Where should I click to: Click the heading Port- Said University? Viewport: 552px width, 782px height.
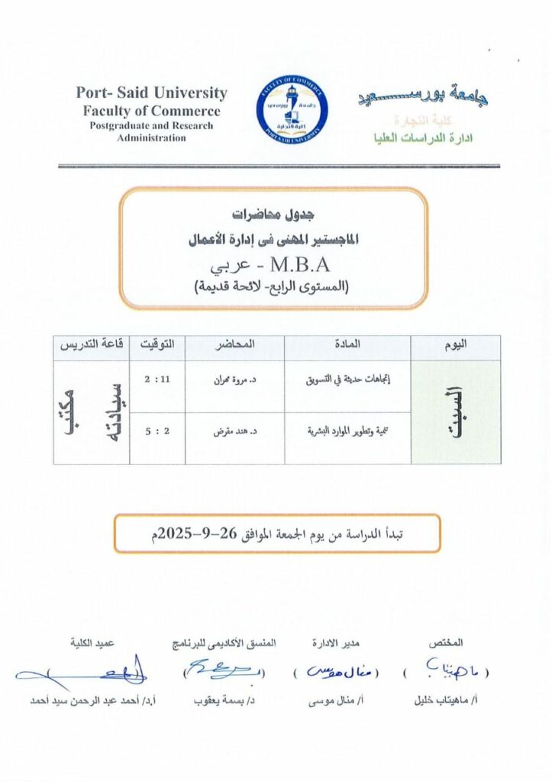[151, 93]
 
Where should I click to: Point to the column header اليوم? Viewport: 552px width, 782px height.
[455, 347]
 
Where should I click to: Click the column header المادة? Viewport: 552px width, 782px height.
[347, 347]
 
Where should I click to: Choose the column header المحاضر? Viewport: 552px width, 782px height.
[234, 347]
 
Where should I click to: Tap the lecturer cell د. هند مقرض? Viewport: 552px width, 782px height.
[234, 431]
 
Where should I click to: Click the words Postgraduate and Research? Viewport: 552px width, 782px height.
[151, 125]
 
